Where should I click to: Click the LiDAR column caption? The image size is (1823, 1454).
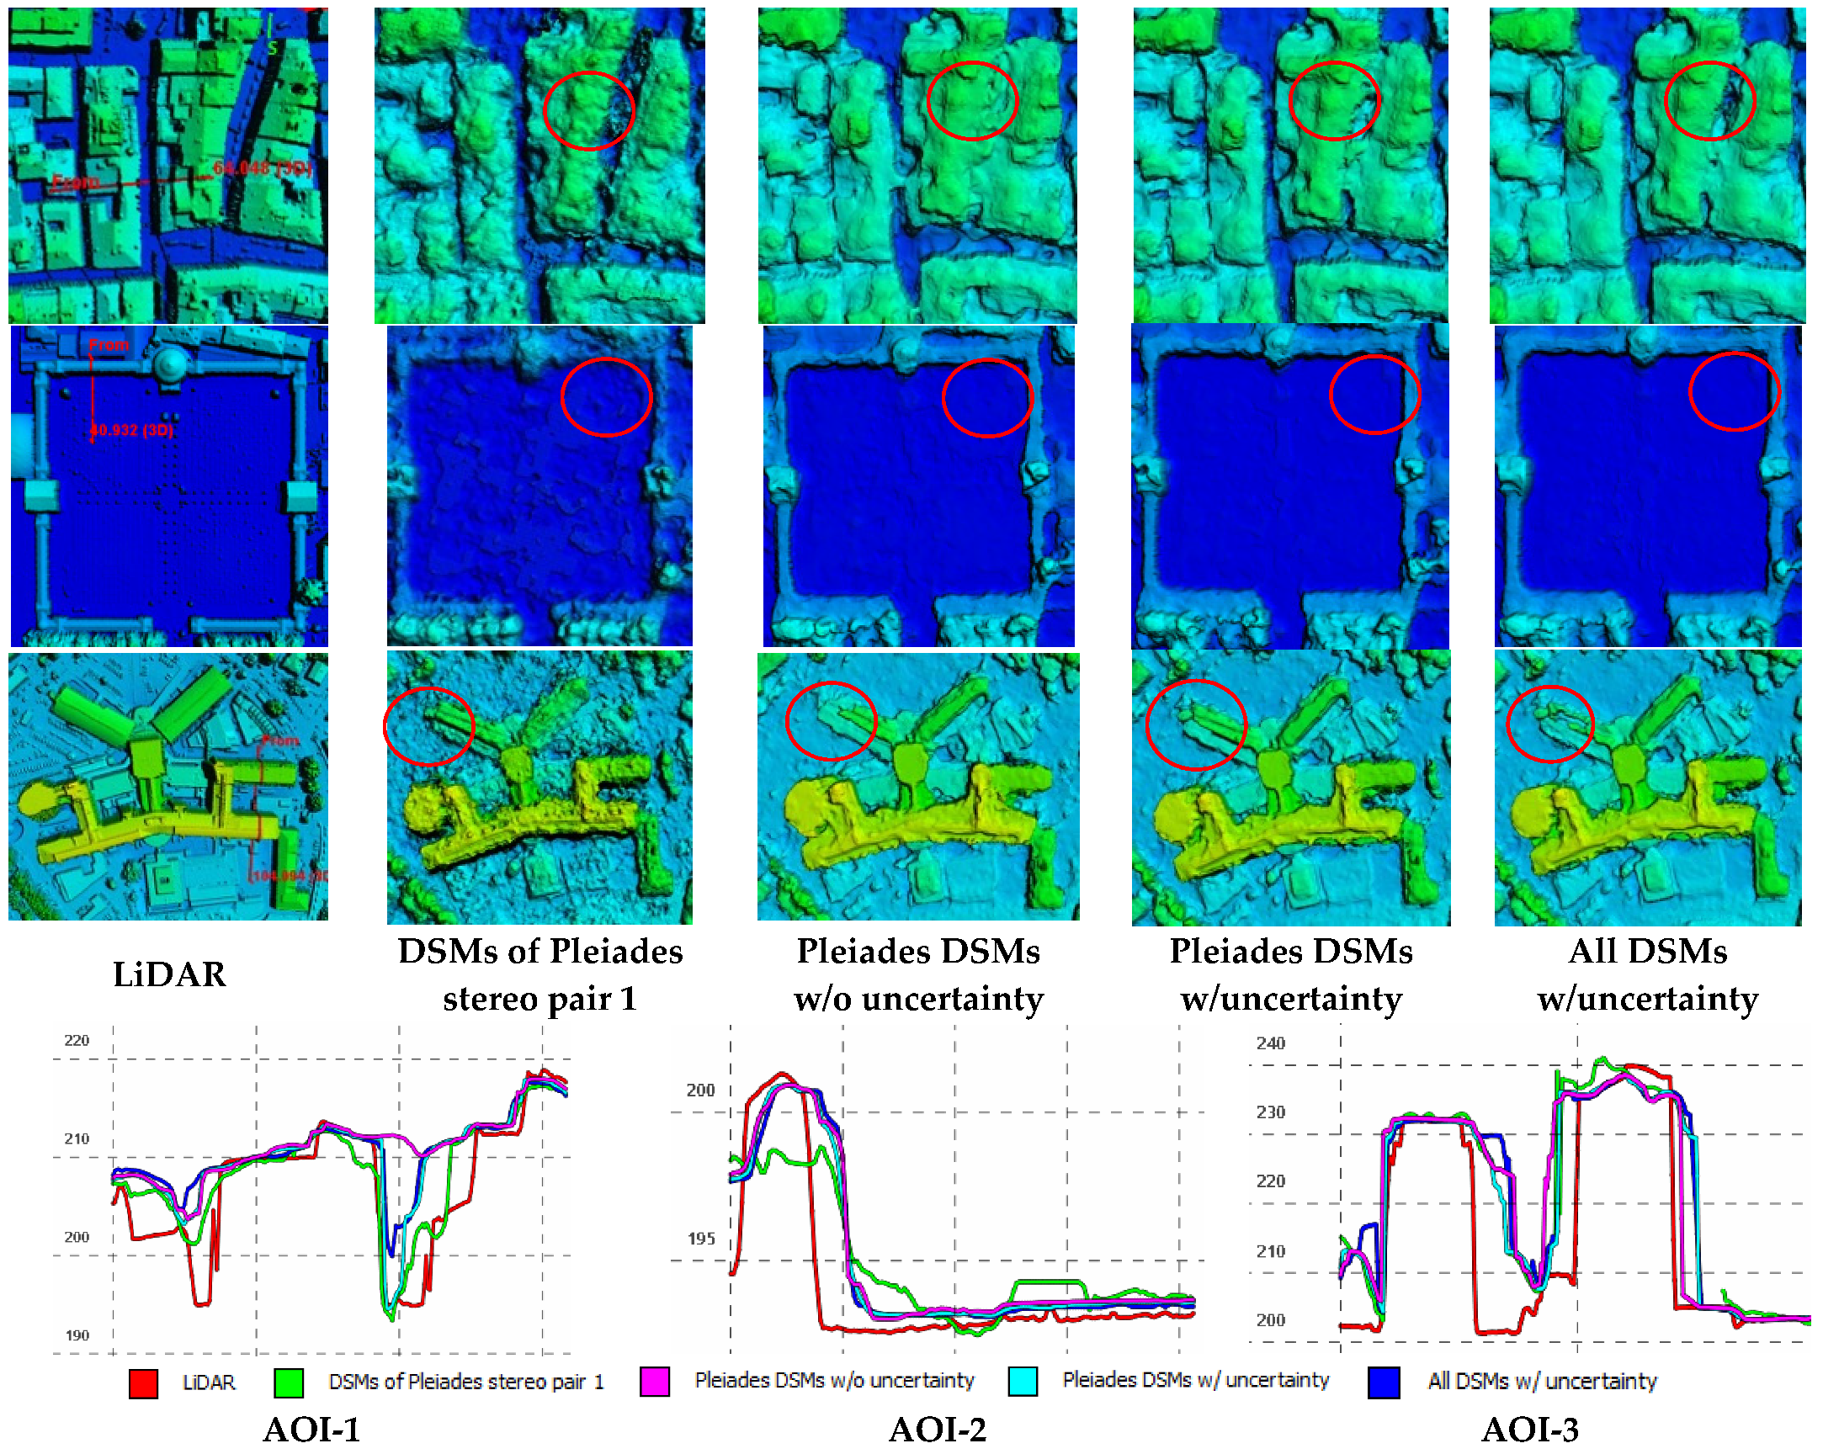coord(169,974)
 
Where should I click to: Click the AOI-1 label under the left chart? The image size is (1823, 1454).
coord(311,1430)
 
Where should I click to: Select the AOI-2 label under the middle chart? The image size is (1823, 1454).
coord(937,1430)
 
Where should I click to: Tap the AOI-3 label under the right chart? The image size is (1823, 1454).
coord(1529,1430)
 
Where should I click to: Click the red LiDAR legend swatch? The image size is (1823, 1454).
coord(143,1383)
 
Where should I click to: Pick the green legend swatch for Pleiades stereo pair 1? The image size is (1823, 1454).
coord(289,1383)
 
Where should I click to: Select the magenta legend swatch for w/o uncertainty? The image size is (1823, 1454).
coord(656,1382)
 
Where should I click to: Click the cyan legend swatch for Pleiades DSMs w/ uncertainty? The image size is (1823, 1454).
coord(1023,1382)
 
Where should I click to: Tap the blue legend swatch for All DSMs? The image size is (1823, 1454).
coord(1384,1382)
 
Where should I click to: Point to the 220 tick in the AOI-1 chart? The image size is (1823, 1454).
coord(76,1041)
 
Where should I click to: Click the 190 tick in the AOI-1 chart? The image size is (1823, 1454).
coord(76,1335)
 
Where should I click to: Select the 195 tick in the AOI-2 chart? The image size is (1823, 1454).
coord(701,1239)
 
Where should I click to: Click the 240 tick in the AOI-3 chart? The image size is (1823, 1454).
coord(1270,1043)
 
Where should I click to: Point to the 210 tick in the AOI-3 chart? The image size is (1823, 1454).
coord(1270,1251)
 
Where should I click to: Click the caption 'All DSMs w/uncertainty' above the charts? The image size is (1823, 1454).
coord(1647,974)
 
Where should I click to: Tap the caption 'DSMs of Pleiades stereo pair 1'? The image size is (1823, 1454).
coord(539,974)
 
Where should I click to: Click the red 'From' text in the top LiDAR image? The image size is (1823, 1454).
coord(74,182)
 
